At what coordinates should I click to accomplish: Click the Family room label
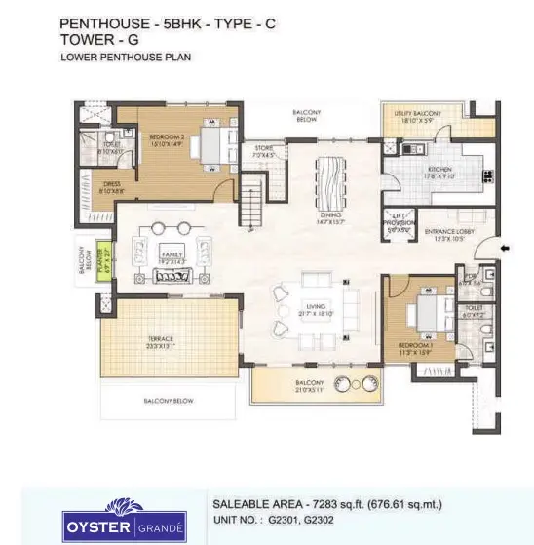click(x=172, y=258)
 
